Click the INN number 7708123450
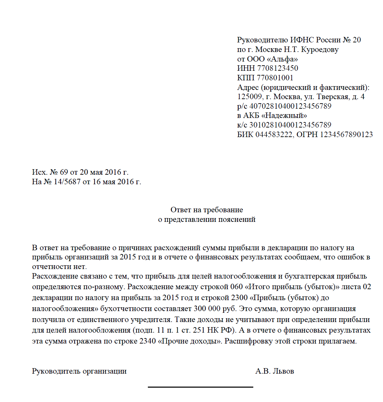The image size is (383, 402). tap(278, 68)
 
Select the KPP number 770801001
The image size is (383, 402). tap(275, 78)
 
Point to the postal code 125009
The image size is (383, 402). tap(250, 97)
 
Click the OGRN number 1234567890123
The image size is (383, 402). tap(346, 135)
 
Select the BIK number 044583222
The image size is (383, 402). tap(274, 135)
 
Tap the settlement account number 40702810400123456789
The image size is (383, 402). tap(290, 106)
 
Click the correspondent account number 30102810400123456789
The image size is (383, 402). tap(290, 125)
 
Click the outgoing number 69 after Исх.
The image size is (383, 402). tap(64, 172)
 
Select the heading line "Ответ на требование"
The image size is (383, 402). tap(207, 210)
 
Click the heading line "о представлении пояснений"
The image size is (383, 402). tap(207, 219)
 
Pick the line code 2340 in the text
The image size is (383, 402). tap(148, 341)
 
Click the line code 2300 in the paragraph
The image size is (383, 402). tap(239, 298)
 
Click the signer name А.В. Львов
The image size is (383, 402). tap(275, 371)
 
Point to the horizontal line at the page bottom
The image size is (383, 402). tap(200, 387)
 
